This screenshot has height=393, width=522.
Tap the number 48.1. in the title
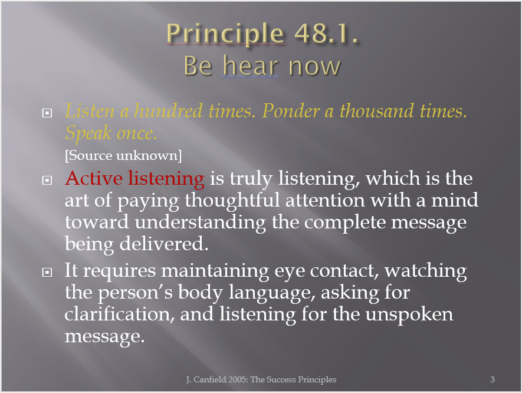click(326, 33)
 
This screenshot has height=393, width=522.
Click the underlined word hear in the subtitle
click(250, 65)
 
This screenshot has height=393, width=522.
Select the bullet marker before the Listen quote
click(47, 113)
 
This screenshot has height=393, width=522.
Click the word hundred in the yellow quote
click(168, 110)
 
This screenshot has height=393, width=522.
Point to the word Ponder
click(291, 110)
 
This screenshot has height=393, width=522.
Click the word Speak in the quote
click(88, 133)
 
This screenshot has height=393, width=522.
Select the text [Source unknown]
click(123, 156)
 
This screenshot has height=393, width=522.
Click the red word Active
click(94, 178)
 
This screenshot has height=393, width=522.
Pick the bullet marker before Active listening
click(47, 180)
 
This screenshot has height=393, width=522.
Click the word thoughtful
click(232, 201)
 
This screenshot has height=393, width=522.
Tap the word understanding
click(200, 222)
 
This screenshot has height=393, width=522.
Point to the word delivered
click(164, 244)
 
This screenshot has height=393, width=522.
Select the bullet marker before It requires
click(47, 273)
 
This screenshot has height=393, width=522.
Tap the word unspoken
click(409, 315)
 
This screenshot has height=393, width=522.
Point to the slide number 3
click(493, 379)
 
